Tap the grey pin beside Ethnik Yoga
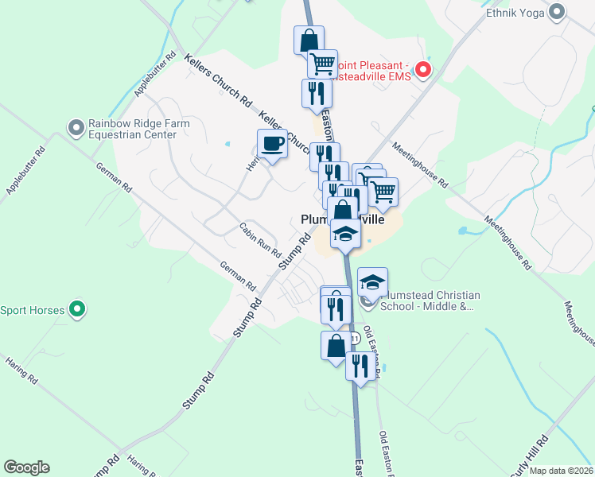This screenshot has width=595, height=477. [x=557, y=12]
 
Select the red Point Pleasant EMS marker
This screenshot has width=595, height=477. [x=423, y=70]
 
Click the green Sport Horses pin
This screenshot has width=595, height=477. [x=76, y=309]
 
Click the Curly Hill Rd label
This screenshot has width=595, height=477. [x=532, y=452]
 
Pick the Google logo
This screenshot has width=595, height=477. [x=26, y=467]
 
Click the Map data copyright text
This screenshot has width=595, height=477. [x=561, y=471]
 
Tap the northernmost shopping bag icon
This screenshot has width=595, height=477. [x=309, y=39]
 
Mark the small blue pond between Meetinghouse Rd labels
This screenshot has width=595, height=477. [x=463, y=232]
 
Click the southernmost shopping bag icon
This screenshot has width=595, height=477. [x=336, y=346]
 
